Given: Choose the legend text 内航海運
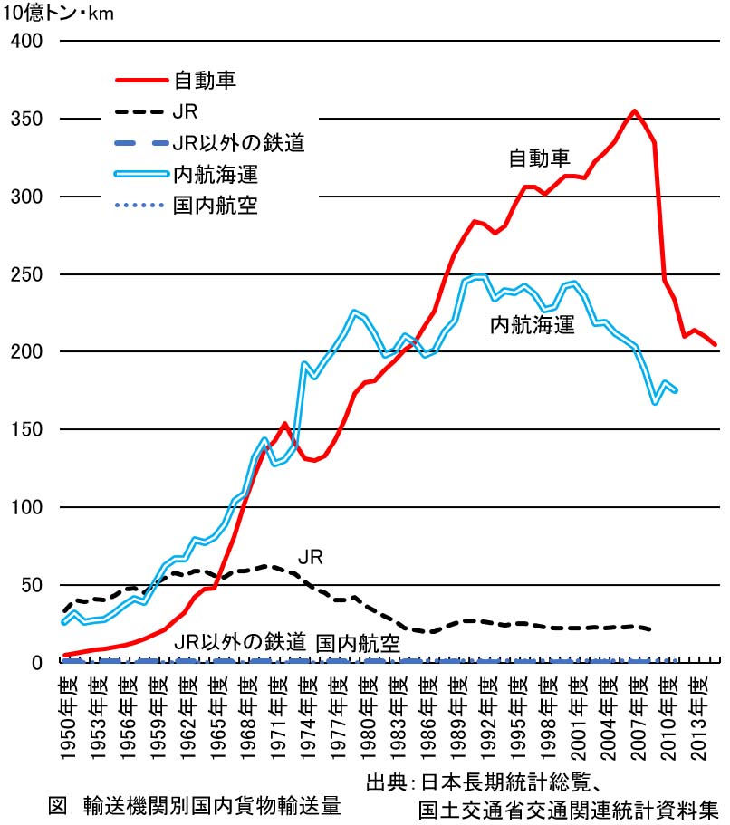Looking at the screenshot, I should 216,174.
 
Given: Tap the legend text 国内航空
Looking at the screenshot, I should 216,205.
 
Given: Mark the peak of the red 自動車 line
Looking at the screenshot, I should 634,111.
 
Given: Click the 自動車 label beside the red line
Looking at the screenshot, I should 539,158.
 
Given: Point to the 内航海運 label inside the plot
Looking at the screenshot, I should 533,325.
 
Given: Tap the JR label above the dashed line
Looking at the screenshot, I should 311,555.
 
